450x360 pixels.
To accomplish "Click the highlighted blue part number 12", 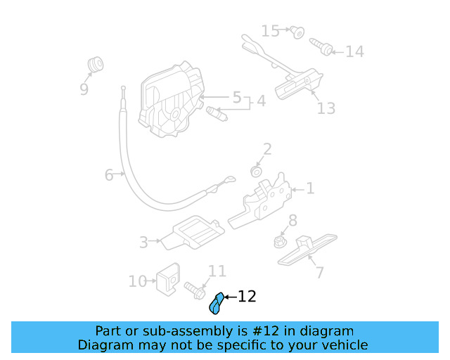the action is coord(217,303).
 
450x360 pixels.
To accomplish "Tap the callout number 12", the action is coord(247,297).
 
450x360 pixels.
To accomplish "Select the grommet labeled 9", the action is coord(94,64).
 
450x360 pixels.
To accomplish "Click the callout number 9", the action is coord(84,89).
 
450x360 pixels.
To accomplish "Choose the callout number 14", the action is coord(354,52).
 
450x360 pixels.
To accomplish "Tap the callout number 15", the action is coord(271,31).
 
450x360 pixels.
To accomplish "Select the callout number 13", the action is coord(326,108).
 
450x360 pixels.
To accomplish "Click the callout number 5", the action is coord(237,97).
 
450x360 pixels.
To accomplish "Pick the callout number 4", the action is coord(261,101).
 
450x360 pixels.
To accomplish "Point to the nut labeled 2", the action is coord(257,171).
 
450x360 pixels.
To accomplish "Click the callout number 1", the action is coord(310,188).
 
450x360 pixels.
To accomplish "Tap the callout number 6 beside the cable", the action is coord(109,174).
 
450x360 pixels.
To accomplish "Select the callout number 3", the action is coord(143,243).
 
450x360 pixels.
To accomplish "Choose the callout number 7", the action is coord(319,272).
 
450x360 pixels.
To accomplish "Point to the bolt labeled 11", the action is coord(194,288).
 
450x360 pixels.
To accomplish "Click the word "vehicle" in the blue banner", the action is coord(342,345).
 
